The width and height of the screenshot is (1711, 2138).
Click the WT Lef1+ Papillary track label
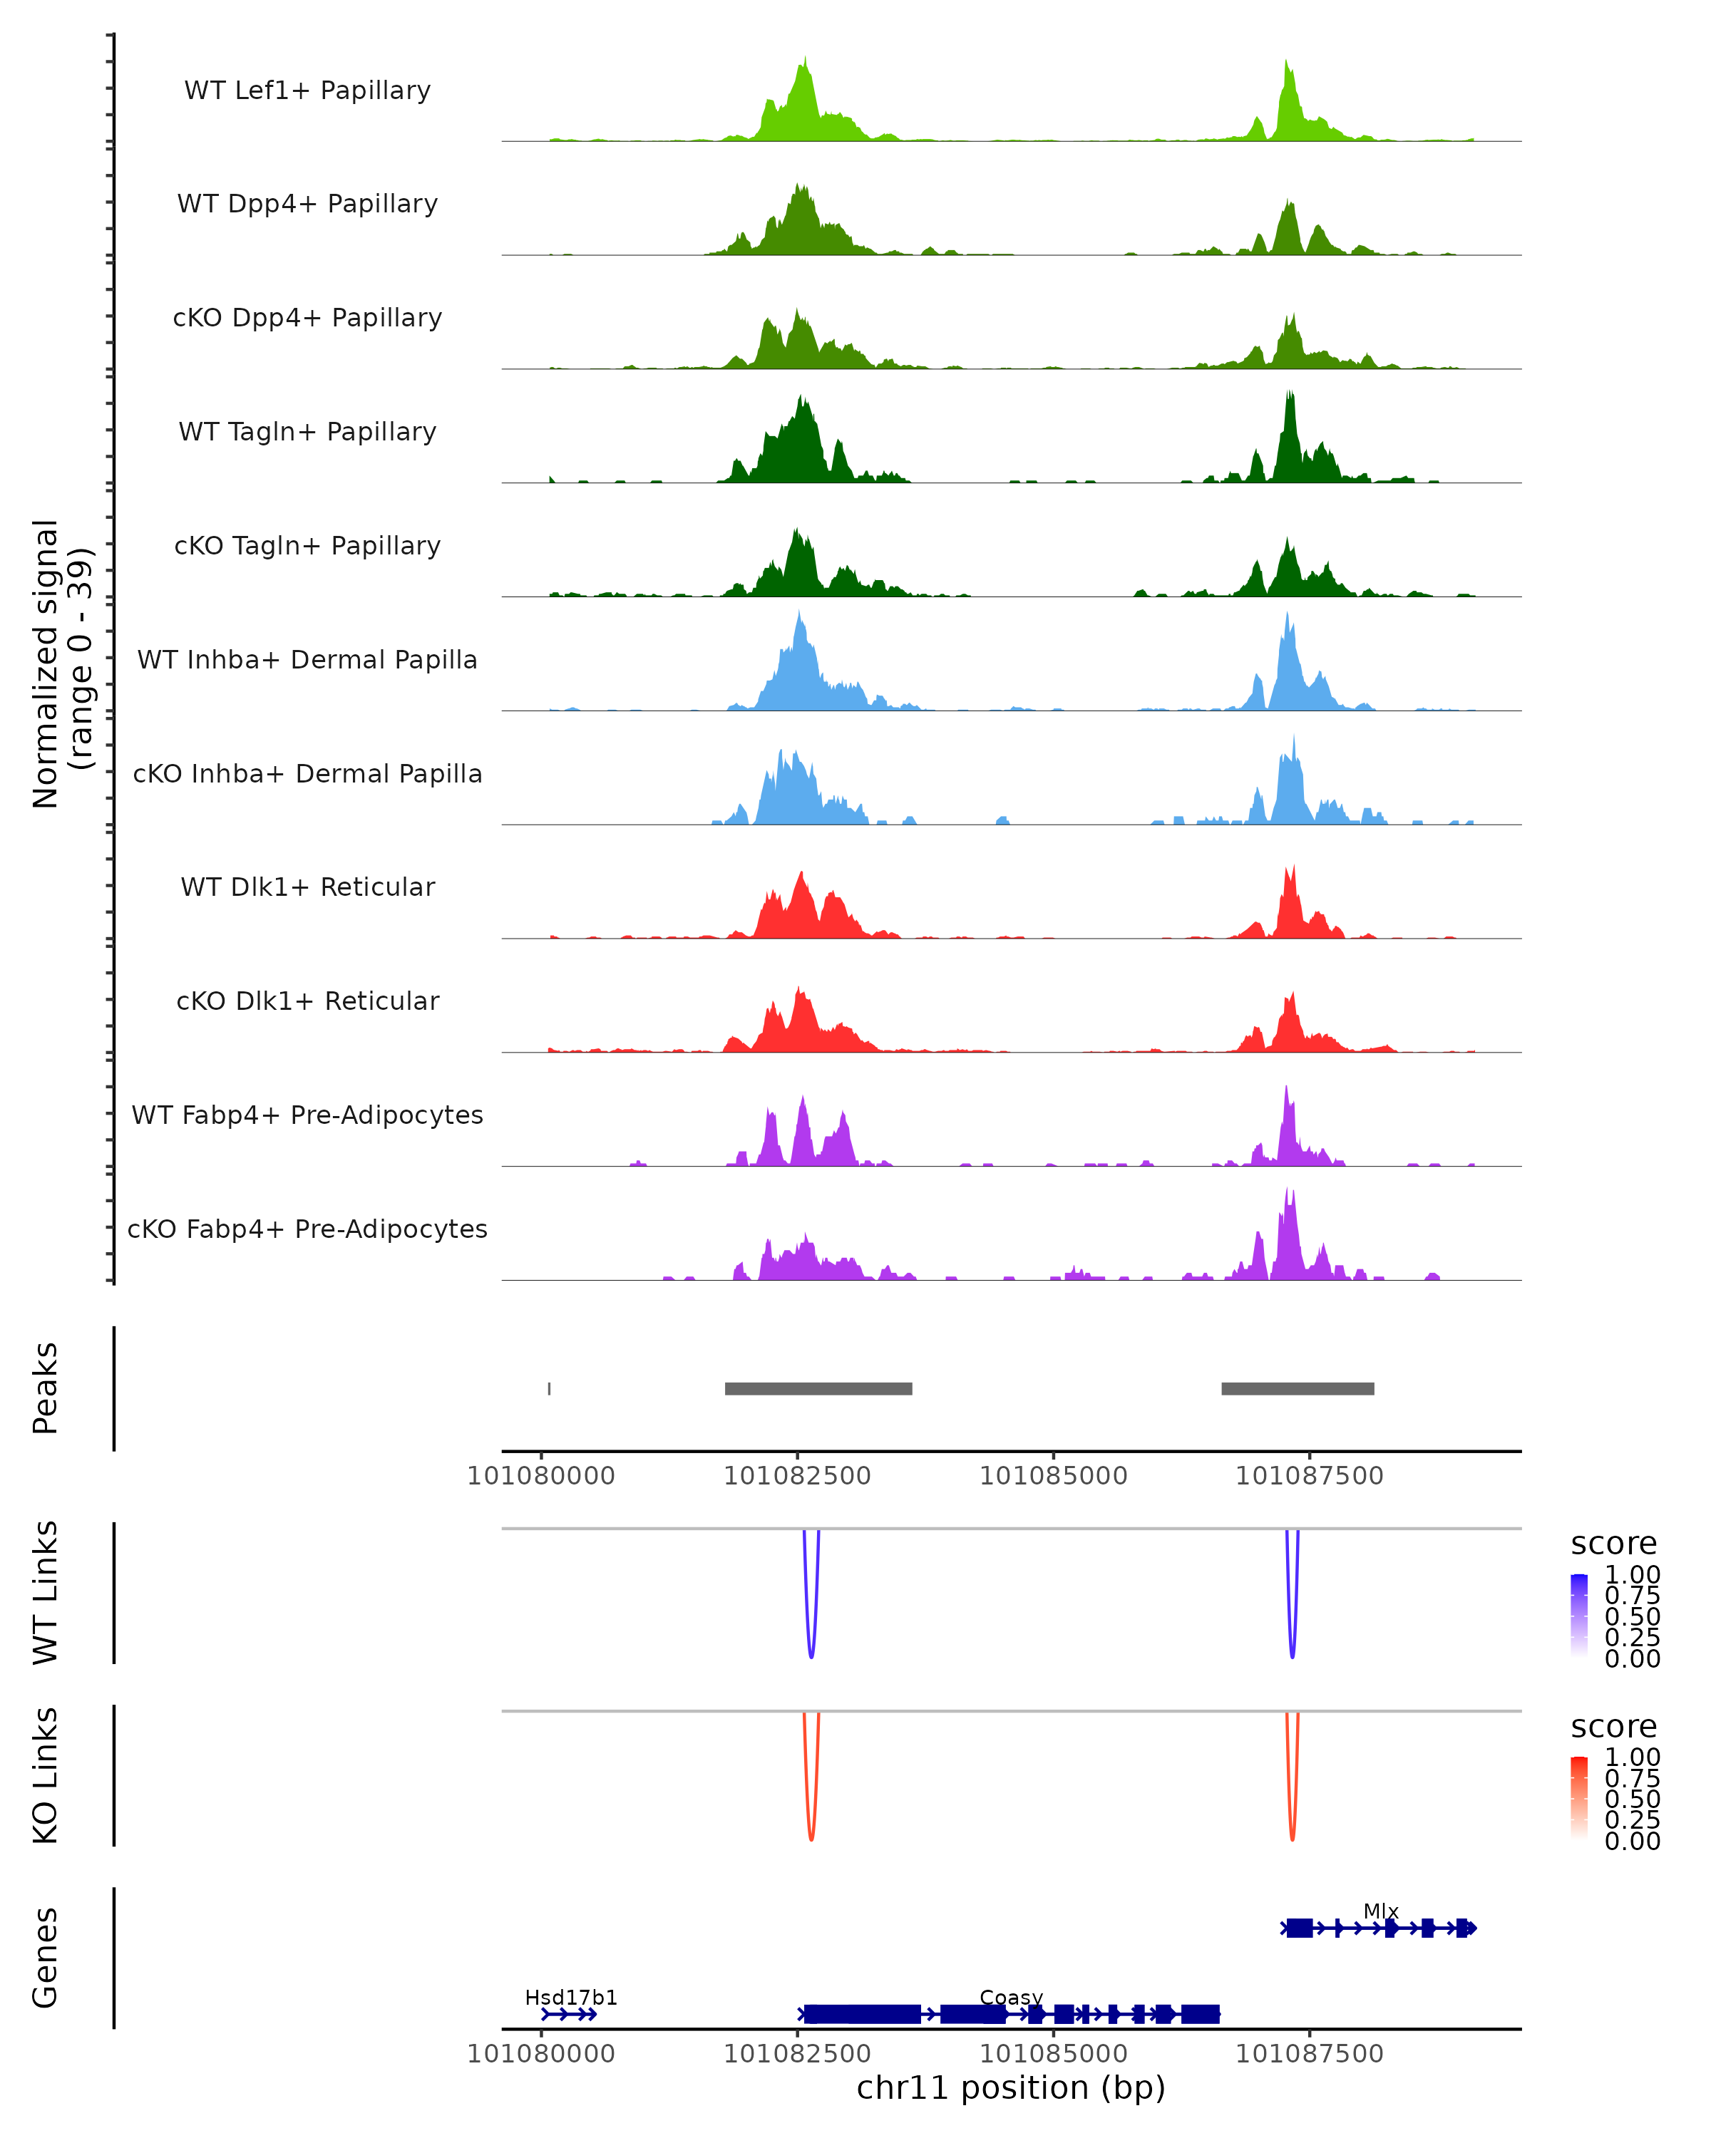click(x=307, y=91)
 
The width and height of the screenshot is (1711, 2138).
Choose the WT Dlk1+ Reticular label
click(x=307, y=887)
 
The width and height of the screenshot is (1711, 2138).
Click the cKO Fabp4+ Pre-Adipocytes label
click(x=307, y=1229)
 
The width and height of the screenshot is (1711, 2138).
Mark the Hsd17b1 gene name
click(x=570, y=1997)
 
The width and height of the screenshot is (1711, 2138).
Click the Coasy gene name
click(x=1011, y=1997)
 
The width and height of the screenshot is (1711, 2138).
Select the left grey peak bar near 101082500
click(x=818, y=1388)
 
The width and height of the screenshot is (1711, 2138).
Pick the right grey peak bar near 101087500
click(x=1298, y=1388)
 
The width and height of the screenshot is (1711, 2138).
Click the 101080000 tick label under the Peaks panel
click(x=542, y=1476)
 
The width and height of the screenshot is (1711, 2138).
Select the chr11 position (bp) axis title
click(x=1011, y=2088)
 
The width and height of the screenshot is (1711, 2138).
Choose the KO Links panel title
click(x=46, y=1776)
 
